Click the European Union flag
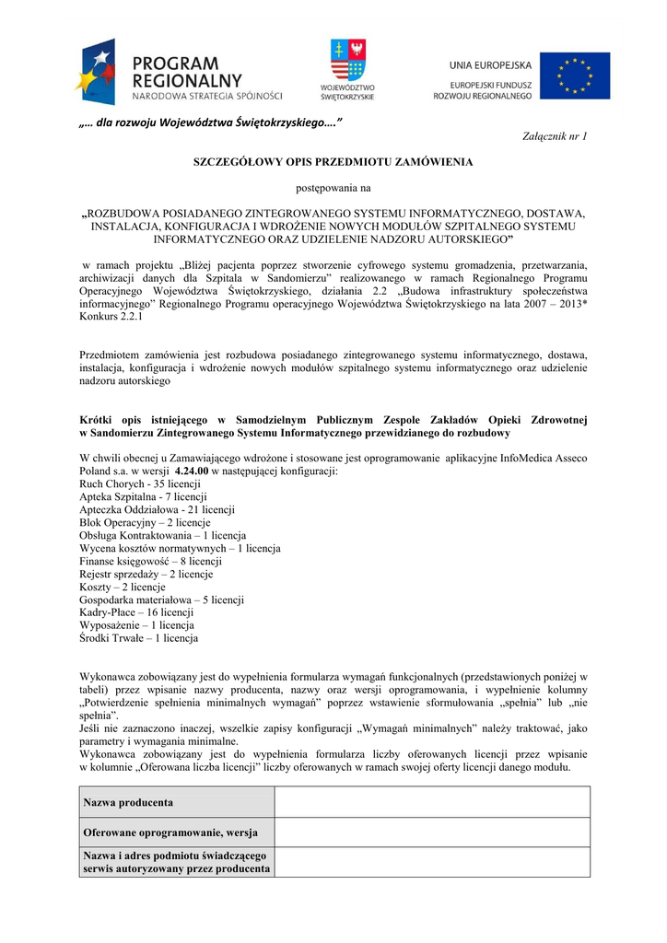(x=574, y=75)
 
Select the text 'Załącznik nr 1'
(x=555, y=136)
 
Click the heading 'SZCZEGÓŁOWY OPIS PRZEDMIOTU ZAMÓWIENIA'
(x=333, y=162)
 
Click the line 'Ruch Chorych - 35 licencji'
(x=140, y=483)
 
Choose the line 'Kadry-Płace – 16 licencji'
(x=136, y=612)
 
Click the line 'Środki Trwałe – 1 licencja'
(x=138, y=638)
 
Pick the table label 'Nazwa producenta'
(x=128, y=803)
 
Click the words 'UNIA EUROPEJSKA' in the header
(x=490, y=64)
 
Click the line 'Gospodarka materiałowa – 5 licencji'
(x=161, y=600)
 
